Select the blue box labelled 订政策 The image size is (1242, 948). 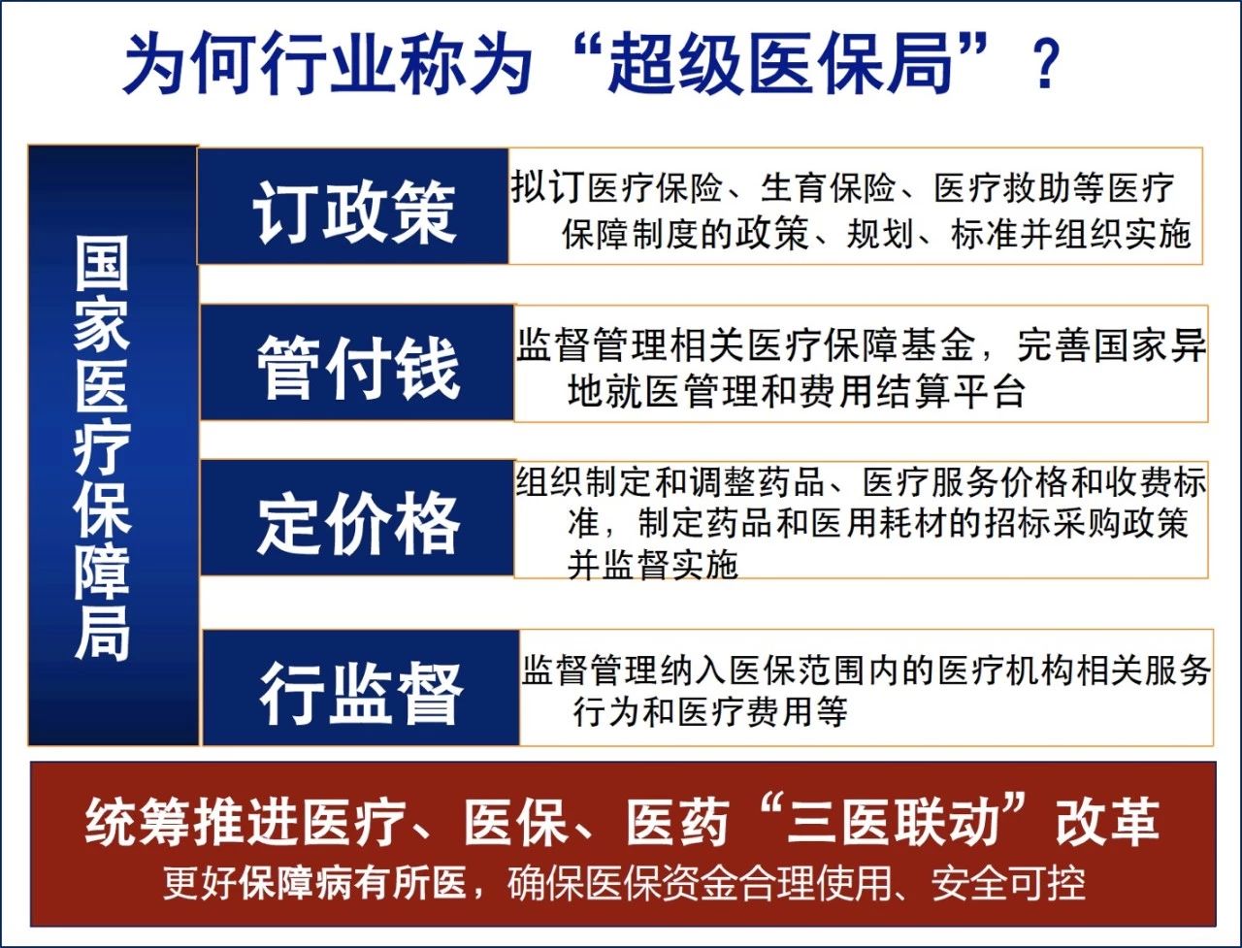352,207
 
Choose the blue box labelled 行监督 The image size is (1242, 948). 361,688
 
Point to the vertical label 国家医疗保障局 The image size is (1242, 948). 103,447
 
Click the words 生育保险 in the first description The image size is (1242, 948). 828,188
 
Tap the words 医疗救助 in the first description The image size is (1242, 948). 1002,188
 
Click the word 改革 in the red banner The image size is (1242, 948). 1108,821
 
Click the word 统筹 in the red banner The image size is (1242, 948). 136,821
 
